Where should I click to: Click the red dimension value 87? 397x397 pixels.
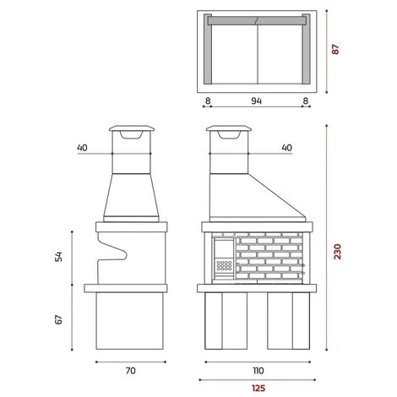[x=335, y=49]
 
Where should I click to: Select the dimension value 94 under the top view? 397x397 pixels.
[x=256, y=101]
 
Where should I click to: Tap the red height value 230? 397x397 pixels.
[x=337, y=252]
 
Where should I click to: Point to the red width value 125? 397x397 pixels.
[x=258, y=389]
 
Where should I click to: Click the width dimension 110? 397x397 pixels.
[x=258, y=371]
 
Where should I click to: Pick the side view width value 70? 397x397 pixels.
[x=131, y=371]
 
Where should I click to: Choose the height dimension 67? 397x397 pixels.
[x=58, y=319]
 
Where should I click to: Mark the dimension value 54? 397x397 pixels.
[x=58, y=257]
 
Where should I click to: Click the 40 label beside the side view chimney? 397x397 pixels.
[x=82, y=148]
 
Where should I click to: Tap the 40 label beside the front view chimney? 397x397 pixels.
[x=287, y=148]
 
